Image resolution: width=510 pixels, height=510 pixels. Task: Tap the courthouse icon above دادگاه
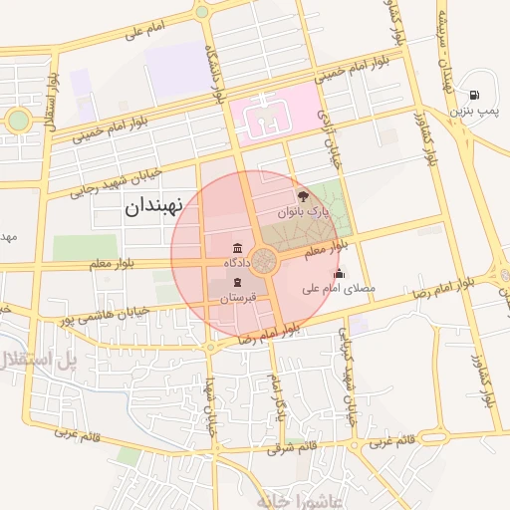click(237, 248)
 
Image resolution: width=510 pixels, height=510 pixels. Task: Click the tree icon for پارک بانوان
click(303, 196)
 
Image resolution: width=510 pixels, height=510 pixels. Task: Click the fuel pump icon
click(472, 95)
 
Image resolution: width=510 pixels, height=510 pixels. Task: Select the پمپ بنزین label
click(472, 111)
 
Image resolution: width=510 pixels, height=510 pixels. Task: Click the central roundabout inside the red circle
click(264, 262)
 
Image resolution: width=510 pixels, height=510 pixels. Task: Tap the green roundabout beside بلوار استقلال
click(18, 121)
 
